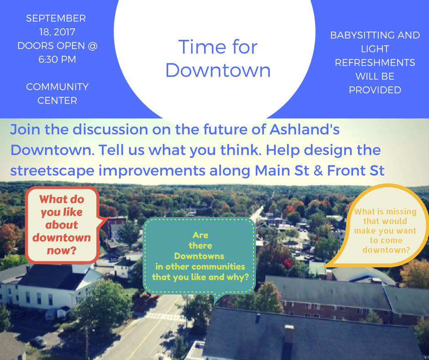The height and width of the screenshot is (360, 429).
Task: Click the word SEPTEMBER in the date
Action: point(56,18)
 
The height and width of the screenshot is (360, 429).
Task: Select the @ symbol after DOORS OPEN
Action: point(93,46)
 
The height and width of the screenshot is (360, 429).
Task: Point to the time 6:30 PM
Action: point(57,59)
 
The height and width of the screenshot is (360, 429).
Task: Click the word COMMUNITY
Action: point(57,87)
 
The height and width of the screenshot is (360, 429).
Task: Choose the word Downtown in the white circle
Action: point(218,70)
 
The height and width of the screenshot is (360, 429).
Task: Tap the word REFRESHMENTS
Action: point(375,63)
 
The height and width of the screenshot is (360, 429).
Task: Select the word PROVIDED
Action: point(375,90)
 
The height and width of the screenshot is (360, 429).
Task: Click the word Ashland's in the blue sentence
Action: point(304,129)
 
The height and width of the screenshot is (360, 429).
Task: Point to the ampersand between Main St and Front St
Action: point(318,170)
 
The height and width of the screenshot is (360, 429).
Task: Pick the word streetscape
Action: point(52,171)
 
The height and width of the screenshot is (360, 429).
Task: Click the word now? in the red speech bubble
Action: point(61,250)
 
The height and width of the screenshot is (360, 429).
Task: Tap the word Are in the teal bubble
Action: point(200,235)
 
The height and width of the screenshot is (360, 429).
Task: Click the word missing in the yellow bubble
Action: point(401,212)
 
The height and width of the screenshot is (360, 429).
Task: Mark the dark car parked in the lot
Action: point(38,342)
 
